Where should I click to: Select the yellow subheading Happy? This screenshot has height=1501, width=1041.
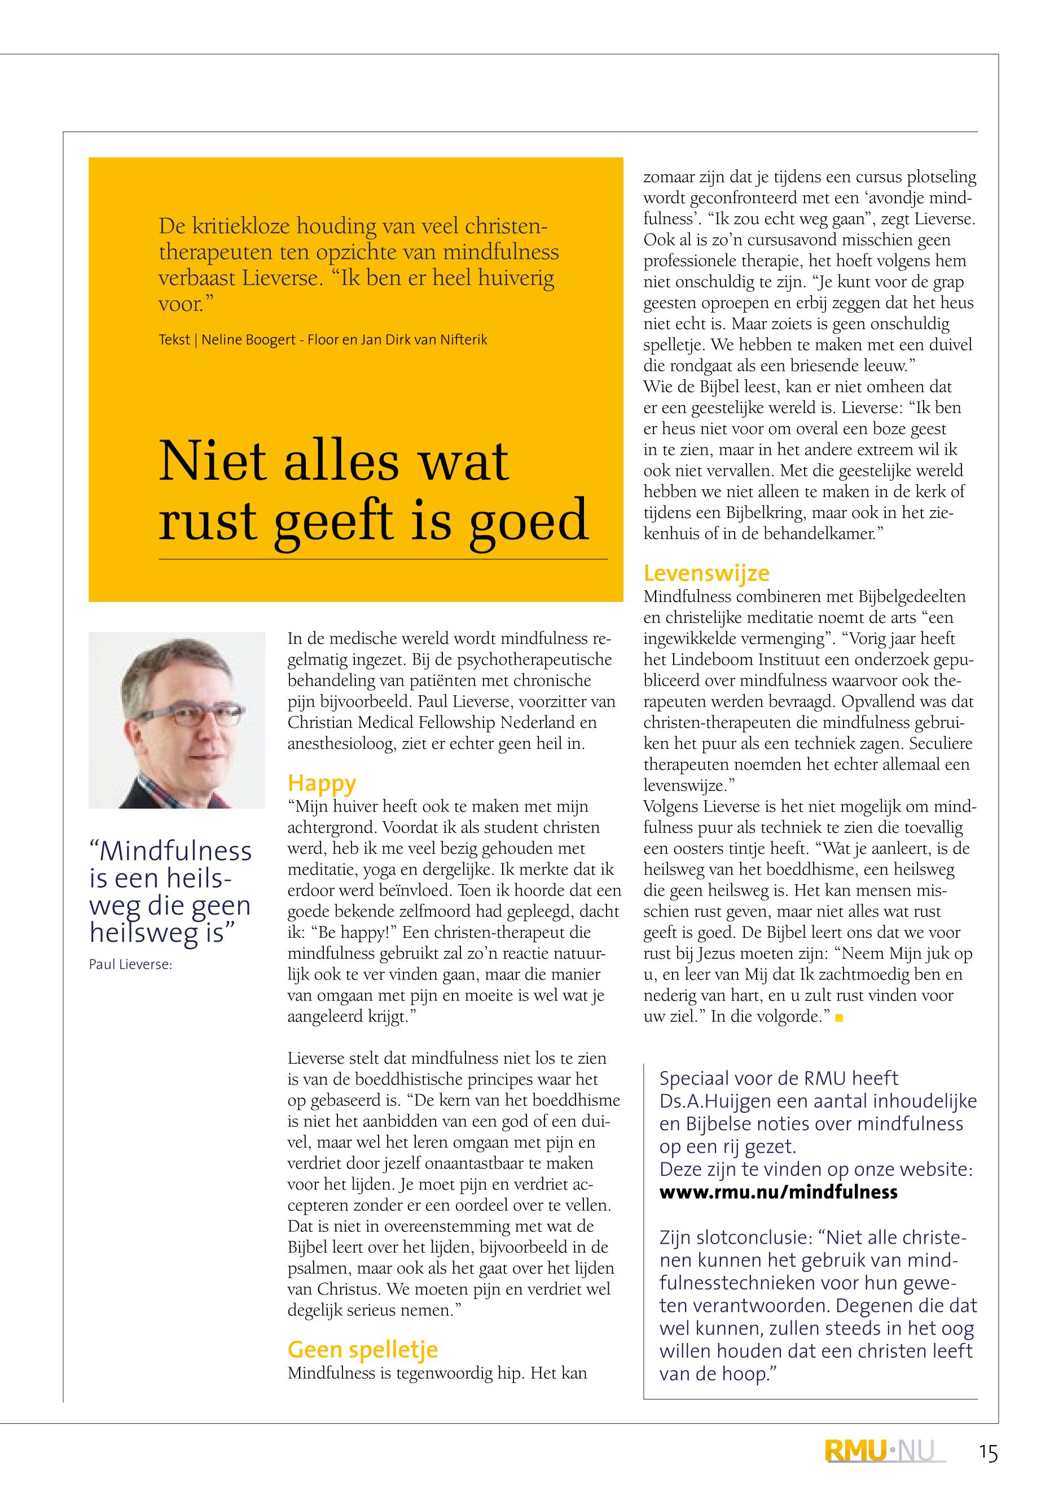pos(322,783)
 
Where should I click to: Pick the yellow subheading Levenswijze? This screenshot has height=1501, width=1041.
pos(706,573)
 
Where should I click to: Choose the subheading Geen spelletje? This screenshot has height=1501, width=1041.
pos(363,1349)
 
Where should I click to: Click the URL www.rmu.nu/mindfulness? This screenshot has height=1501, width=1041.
pos(779,1192)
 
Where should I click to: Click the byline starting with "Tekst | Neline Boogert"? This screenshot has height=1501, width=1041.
pos(323,340)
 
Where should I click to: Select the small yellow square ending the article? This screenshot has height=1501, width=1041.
pos(839,1017)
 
